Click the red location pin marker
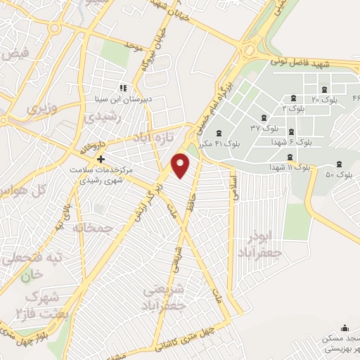click(x=181, y=165)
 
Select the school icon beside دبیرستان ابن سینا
click(x=123, y=89)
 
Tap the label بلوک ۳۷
click(x=265, y=127)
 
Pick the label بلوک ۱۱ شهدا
click(x=290, y=167)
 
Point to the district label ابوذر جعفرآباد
click(x=265, y=243)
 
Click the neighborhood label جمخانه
click(x=93, y=229)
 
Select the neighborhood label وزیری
click(x=40, y=110)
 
